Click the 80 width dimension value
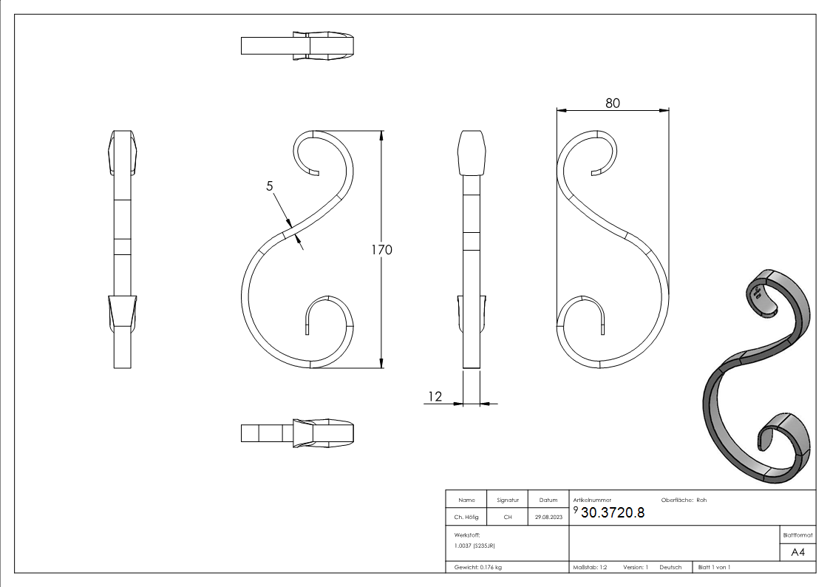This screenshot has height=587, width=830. coord(613,103)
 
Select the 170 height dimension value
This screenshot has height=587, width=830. coord(381,249)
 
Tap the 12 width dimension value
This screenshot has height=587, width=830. coord(435,397)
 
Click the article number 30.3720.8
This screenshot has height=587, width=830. coord(613,514)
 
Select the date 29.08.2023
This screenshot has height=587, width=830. coord(548,518)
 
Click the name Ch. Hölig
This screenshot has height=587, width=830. coord(466,518)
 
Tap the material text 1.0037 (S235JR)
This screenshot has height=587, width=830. coord(474,545)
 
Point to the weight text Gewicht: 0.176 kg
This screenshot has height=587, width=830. coord(480,567)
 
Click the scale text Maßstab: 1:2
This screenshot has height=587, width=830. coord(590,567)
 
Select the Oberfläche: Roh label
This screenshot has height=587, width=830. coord(684,500)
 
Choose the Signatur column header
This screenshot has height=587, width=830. coord(508,501)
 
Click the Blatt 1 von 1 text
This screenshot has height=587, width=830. coord(714,567)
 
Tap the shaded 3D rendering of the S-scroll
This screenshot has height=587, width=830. coord(758,377)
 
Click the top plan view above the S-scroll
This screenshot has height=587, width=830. coord(297,46)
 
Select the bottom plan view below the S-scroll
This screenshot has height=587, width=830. coord(297,433)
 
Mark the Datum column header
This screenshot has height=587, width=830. coord(548,501)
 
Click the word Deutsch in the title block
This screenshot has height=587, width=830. coord(670,567)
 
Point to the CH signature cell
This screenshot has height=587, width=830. coord(508,518)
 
